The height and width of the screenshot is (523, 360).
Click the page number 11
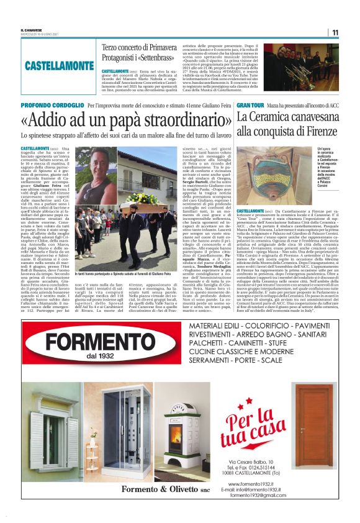coord(335,32)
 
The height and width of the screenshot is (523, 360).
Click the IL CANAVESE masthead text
coord(32,30)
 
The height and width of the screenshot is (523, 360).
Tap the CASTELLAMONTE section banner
coord(60,65)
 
